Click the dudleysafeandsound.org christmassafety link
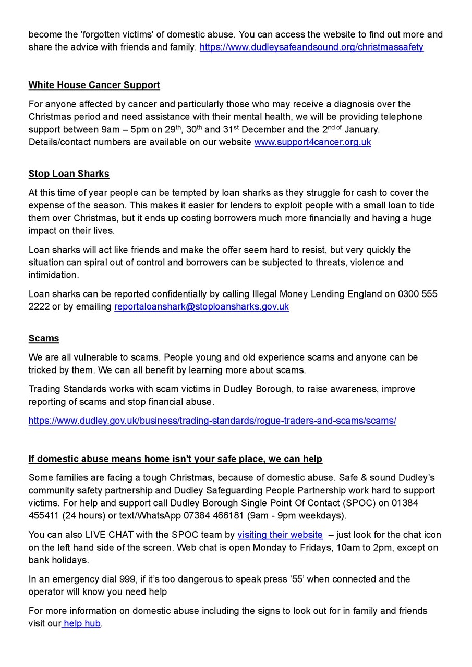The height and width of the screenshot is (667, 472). [311, 47]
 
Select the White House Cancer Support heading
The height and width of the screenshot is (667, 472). [94, 85]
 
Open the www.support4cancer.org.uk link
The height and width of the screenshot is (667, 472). [312, 142]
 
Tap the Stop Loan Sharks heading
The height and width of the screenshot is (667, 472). [69, 174]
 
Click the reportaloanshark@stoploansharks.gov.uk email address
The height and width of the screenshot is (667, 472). [201, 307]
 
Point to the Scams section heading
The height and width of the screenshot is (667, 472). [44, 338]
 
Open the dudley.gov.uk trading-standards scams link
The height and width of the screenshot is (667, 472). [212, 421]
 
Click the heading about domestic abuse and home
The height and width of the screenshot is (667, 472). [175, 459]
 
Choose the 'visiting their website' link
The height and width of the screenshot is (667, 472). [280, 535]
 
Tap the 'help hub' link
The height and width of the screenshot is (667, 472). [82, 623]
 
